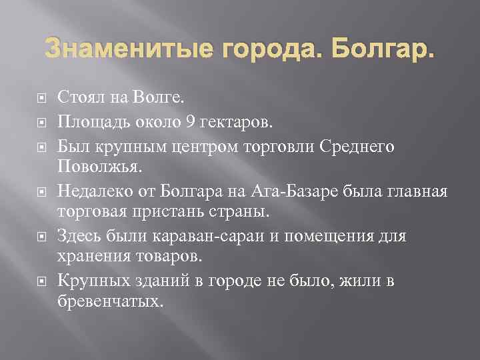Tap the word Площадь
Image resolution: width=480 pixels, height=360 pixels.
tap(90, 122)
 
